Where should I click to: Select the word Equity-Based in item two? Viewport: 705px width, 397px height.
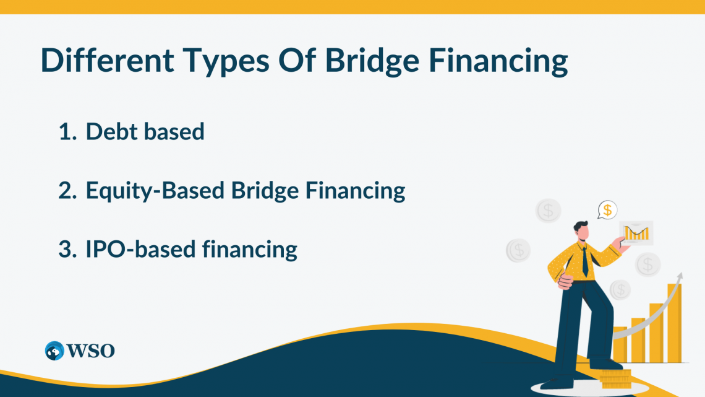coord(155,191)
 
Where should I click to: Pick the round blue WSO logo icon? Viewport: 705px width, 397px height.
coord(54,351)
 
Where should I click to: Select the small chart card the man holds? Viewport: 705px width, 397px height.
coord(636,233)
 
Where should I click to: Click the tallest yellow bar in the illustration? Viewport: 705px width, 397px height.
coord(673,322)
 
